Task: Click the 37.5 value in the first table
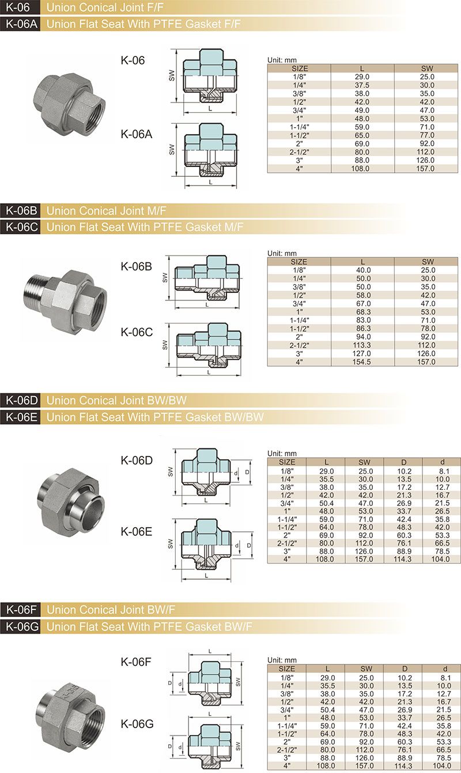[362, 85]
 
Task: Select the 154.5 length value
[361, 362]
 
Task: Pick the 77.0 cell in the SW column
[427, 135]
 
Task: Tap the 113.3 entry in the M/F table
[361, 345]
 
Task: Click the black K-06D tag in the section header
[21, 400]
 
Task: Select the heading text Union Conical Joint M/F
[107, 211]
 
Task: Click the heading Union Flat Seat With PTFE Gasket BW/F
[149, 626]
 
